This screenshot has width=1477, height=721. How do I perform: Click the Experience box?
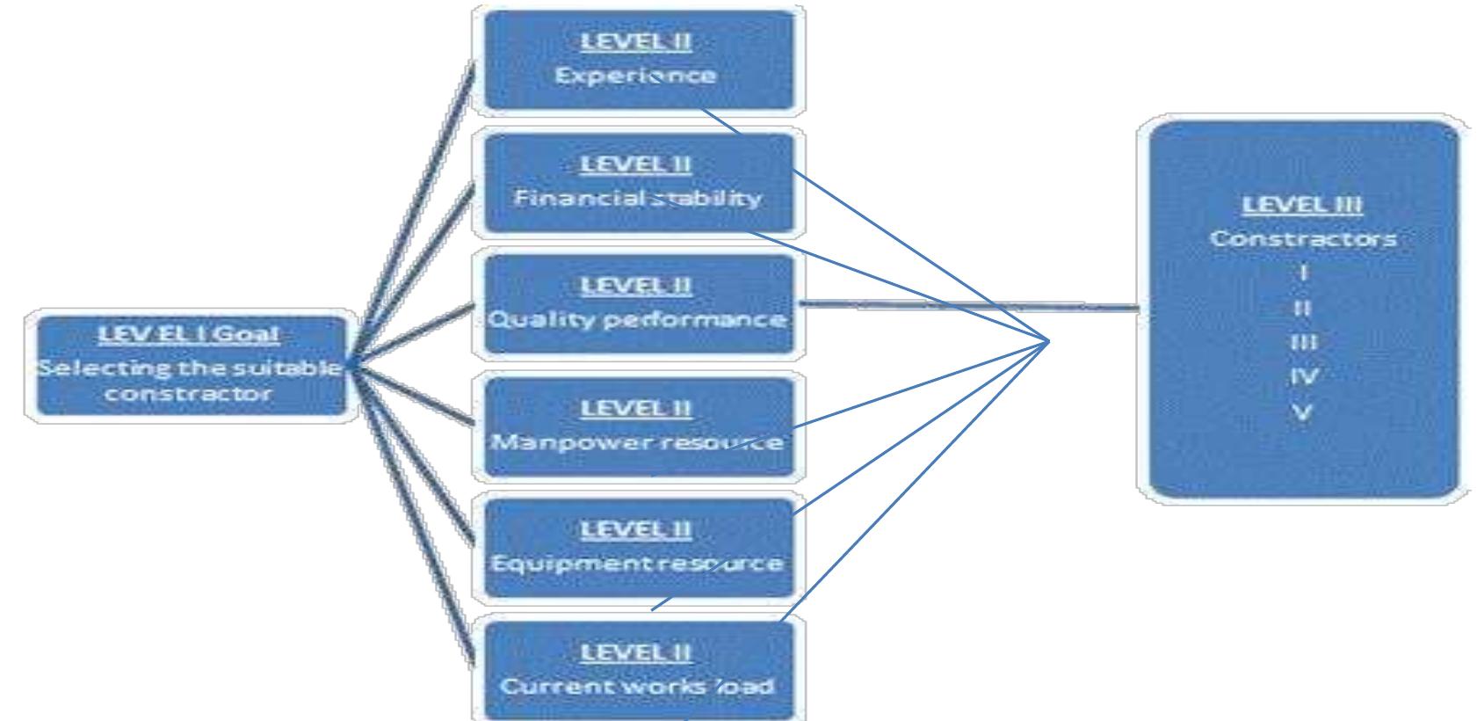tap(639, 60)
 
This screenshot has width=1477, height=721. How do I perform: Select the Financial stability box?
tap(639, 183)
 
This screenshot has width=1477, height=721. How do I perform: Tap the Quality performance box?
tap(639, 305)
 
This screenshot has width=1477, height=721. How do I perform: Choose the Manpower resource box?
tap(639, 426)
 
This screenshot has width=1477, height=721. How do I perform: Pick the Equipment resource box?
tap(639, 548)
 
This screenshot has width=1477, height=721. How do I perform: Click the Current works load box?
tap(639, 671)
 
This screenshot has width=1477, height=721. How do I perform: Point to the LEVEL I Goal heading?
tap(189, 334)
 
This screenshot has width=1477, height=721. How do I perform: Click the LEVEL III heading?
tap(1302, 205)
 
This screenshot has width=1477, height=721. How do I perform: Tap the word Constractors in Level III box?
tap(1303, 238)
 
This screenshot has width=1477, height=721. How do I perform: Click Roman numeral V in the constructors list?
tap(1302, 413)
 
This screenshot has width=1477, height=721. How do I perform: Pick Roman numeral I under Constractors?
tap(1303, 273)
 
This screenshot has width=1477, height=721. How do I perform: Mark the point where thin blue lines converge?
tap(1048, 341)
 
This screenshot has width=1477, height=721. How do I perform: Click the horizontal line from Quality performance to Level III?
tap(968, 305)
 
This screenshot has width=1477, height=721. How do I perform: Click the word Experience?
tap(635, 76)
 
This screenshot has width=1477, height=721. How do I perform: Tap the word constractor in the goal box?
tap(189, 394)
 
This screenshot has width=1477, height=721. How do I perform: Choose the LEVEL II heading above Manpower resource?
tap(635, 409)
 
